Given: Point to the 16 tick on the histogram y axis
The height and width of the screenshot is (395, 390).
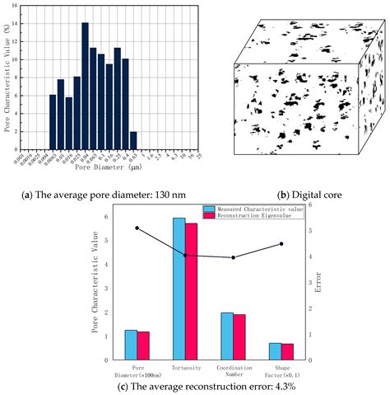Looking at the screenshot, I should tap(32, 6).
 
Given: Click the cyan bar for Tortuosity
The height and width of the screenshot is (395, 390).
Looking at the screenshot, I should tap(179, 289).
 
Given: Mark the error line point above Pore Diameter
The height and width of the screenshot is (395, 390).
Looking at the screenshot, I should tap(137, 228).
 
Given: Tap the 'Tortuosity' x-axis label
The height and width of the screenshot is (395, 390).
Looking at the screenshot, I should tap(185, 368).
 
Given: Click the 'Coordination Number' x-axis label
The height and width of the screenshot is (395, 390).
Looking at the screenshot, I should tap(233, 371).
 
